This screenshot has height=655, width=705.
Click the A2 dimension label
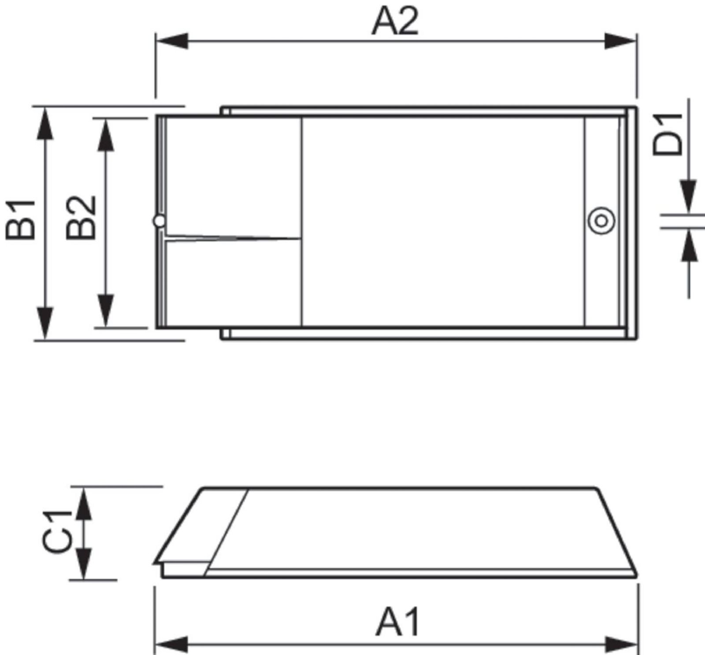[x=395, y=22]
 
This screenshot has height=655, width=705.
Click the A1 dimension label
[x=398, y=622]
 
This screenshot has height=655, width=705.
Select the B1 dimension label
[x=21, y=219]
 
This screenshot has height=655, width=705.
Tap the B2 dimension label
[x=81, y=217]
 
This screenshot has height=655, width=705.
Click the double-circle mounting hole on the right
[x=601, y=221]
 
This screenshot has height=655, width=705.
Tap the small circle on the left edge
[x=160, y=221]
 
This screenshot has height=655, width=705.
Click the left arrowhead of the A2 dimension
[x=172, y=41]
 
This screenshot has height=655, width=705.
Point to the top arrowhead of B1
[x=45, y=123]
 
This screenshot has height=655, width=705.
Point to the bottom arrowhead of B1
[x=45, y=323]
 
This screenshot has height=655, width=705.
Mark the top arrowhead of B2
[x=106, y=134]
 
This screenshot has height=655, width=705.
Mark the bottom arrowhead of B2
[x=106, y=312]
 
